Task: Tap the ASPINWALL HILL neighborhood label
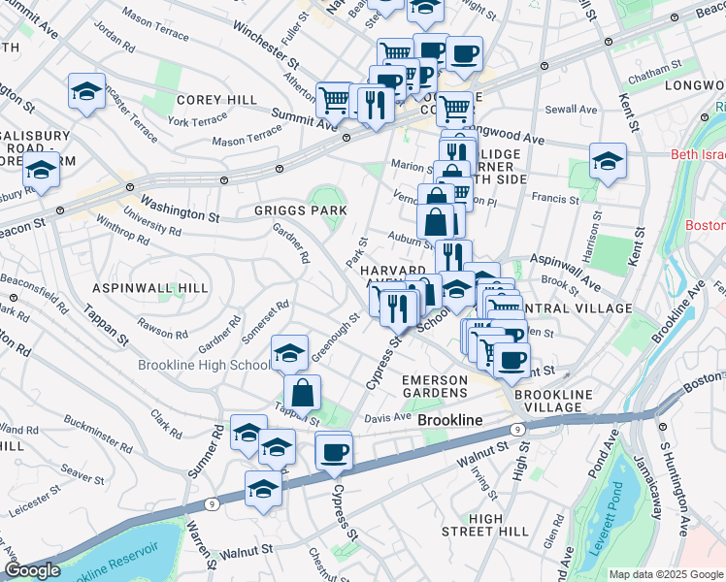[x=148, y=289]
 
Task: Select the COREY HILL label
[x=216, y=100]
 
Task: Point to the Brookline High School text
[x=204, y=365]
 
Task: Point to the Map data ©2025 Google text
[x=666, y=574]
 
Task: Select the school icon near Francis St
[x=608, y=160]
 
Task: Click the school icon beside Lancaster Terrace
[x=86, y=92]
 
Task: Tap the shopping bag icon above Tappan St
[x=302, y=393]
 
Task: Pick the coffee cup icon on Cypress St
[x=334, y=451]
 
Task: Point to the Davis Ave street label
[x=388, y=418]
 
